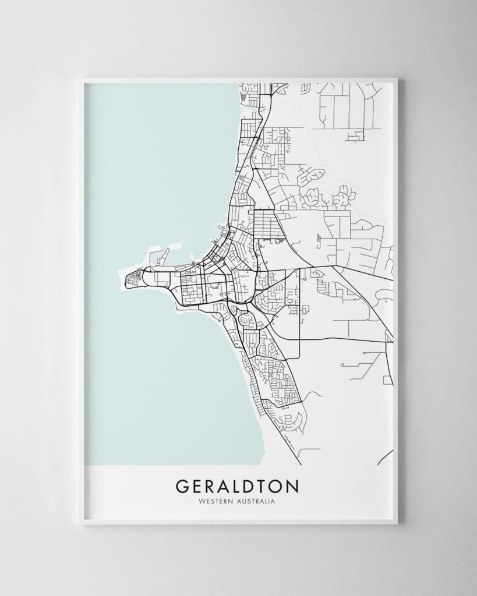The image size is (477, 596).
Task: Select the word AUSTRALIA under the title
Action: coord(255,501)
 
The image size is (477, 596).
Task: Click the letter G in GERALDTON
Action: coord(181,485)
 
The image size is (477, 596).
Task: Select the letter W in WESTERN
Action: coord(201,501)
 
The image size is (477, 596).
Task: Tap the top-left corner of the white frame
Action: coord(82,79)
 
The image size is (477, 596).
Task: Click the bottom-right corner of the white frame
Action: coord(397,523)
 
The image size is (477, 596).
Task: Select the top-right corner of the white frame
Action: coord(397,79)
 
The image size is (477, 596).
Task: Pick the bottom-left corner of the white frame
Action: coord(82,523)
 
